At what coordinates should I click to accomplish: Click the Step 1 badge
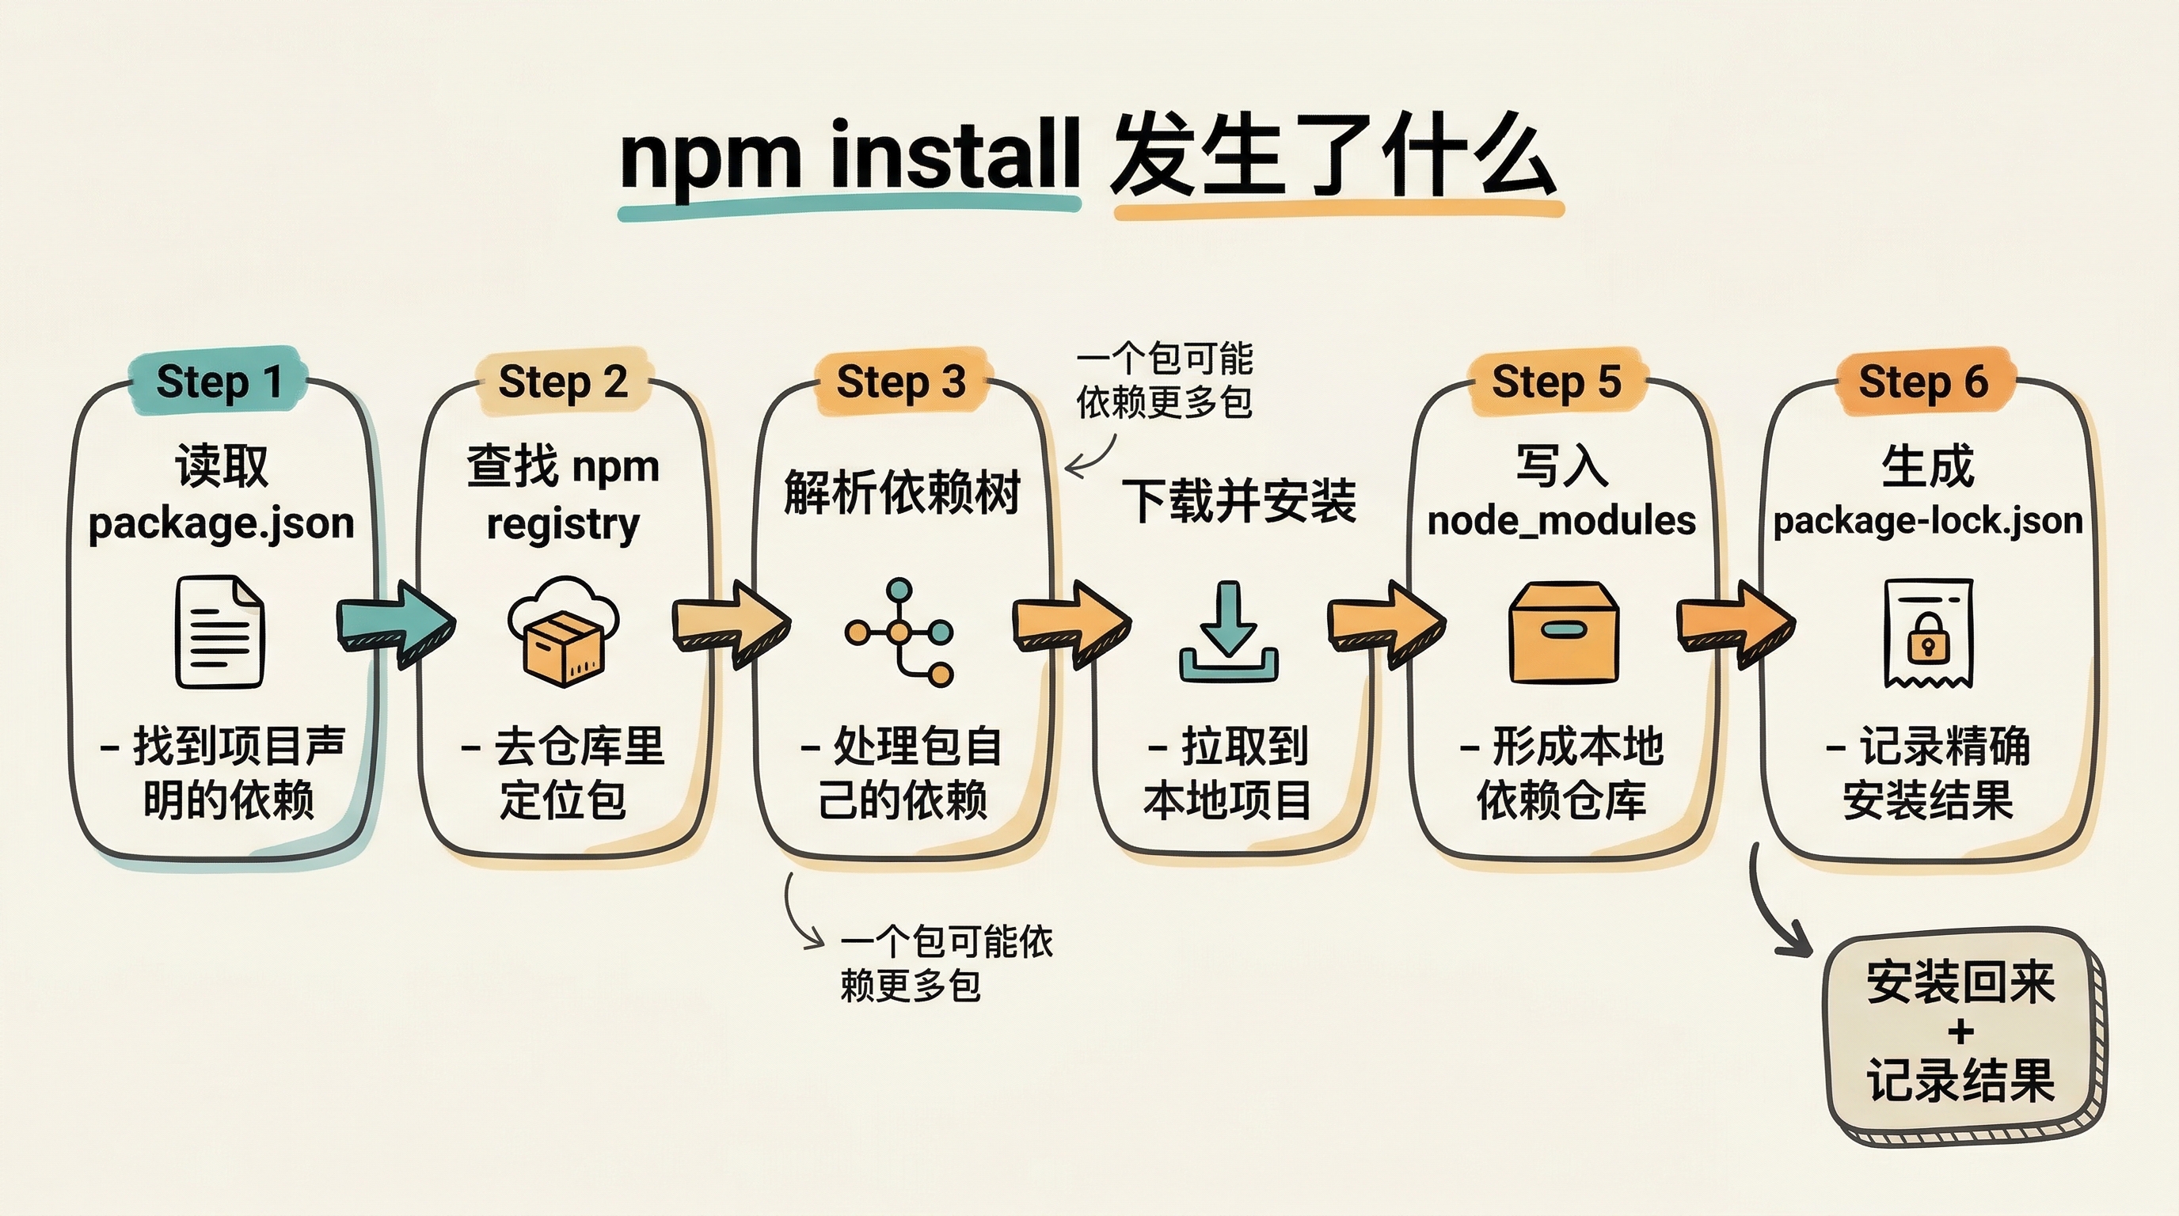[219, 382]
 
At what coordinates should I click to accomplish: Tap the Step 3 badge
[901, 382]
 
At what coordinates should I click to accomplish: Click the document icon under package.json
[220, 632]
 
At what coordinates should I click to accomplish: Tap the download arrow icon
[1229, 632]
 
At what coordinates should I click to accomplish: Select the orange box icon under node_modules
[1564, 632]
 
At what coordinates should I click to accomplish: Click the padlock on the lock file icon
[1928, 640]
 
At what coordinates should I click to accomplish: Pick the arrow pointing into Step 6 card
[1736, 625]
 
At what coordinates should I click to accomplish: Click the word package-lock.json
[1928, 521]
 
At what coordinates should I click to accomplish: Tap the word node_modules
[1561, 521]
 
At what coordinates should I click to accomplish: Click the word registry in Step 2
[562, 524]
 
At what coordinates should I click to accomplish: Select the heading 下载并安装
[1238, 500]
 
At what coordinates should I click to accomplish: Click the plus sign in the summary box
[1960, 1032]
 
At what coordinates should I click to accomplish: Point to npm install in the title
[850, 157]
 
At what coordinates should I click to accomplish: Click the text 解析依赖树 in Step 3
[902, 492]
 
